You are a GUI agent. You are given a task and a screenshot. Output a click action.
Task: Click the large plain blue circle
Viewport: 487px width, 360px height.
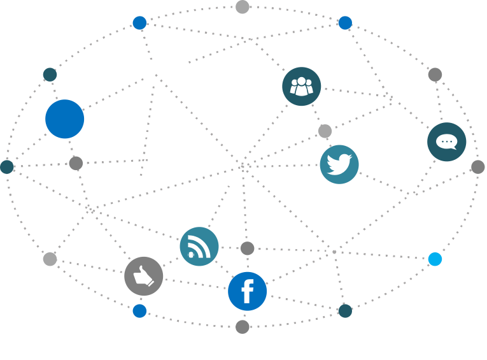point(65,119)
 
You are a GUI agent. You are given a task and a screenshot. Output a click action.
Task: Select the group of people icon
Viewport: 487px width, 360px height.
point(302,87)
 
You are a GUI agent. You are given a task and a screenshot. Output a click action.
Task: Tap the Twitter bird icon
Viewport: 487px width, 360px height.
point(339,164)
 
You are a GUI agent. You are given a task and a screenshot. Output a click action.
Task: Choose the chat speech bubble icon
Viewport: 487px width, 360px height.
point(447,142)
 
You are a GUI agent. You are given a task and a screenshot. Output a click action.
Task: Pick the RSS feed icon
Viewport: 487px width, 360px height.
point(199,247)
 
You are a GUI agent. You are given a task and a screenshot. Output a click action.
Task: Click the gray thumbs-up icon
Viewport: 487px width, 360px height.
point(144,276)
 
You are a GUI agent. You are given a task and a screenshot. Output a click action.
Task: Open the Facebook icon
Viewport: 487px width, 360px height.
point(248,291)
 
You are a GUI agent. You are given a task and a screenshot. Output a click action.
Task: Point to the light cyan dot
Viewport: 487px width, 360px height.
point(435,259)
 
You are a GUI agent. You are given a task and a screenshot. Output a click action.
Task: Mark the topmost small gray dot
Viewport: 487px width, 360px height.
point(243,7)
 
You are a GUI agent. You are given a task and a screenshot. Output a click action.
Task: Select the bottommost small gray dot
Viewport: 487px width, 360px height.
point(243,327)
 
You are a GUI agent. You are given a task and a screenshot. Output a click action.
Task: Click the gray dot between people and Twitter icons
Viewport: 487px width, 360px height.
point(325,131)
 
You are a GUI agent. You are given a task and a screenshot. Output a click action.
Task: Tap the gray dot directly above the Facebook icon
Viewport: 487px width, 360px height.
point(248,248)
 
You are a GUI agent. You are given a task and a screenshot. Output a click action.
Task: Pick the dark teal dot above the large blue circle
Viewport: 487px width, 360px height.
point(50,75)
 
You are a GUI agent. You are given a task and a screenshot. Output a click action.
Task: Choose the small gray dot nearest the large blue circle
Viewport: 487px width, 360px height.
point(76,163)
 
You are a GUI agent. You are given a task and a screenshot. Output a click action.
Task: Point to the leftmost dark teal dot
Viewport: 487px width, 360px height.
point(7,167)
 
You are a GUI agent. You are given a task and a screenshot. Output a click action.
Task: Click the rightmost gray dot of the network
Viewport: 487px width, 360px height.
point(477,167)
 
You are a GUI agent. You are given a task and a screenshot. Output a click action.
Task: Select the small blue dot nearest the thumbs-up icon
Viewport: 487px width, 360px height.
point(139,311)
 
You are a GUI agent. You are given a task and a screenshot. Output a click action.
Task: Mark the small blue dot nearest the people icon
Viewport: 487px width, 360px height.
point(345,23)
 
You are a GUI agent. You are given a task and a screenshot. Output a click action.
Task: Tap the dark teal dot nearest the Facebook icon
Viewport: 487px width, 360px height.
point(345,311)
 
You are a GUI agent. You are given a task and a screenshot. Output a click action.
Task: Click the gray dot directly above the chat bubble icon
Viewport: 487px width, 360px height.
point(435,75)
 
